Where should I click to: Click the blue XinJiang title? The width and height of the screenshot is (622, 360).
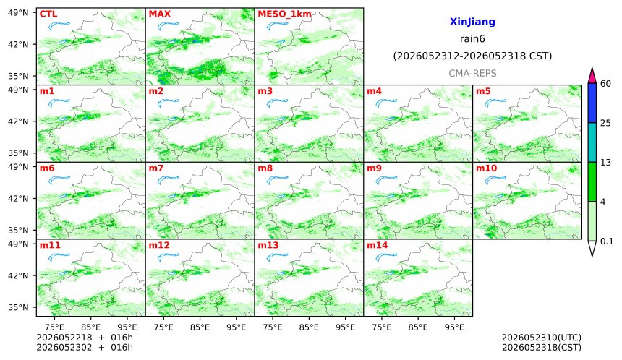point(472,22)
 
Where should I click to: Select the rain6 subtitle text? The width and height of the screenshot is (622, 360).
point(472,39)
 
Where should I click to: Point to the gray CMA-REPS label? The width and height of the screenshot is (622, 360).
point(472,73)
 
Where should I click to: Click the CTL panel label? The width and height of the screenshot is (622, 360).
point(48,14)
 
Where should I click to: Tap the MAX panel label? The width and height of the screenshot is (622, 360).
point(159,14)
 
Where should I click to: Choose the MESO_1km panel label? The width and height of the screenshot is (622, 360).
point(284,14)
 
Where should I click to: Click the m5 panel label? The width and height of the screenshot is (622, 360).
point(483,91)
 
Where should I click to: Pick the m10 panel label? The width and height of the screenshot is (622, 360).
point(486,168)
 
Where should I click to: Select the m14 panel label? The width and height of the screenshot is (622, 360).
point(377,245)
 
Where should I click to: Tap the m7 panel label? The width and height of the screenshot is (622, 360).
point(156,168)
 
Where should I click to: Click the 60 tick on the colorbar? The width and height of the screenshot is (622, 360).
point(605,84)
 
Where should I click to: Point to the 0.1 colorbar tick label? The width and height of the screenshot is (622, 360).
point(607,241)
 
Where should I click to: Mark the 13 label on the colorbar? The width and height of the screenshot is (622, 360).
point(605,163)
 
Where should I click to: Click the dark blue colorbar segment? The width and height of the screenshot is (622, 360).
point(592,103)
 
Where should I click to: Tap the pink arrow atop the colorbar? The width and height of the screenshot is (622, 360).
point(592,76)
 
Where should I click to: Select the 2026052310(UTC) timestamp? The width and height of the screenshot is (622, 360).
point(542,338)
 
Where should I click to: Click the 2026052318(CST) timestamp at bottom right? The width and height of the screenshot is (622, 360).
point(542,348)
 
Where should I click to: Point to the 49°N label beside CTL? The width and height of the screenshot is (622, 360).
point(18,13)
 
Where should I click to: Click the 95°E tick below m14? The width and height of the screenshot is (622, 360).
point(454,327)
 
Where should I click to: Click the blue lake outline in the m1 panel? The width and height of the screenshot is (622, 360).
point(59,103)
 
